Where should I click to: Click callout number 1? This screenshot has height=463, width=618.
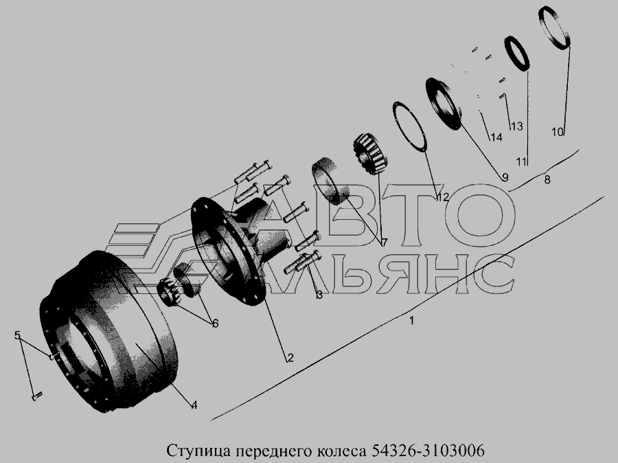[x=411, y=321]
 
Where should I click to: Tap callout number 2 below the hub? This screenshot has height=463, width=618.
[x=290, y=358]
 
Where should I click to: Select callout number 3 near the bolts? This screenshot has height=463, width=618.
[x=319, y=294]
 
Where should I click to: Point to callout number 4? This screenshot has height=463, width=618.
[x=194, y=405]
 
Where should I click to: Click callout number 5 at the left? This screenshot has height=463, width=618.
[x=17, y=335]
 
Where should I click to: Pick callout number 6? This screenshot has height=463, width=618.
[x=215, y=324]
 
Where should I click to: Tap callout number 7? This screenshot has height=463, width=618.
[x=384, y=242]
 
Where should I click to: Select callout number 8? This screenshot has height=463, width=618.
[x=547, y=179]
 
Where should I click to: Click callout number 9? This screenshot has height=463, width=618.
[x=505, y=177]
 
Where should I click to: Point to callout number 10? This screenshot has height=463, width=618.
[x=558, y=132]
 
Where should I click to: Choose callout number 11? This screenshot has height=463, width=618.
[x=522, y=161]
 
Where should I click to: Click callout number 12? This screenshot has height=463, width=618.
[x=442, y=196]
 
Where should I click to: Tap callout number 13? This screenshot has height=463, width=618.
[x=516, y=126]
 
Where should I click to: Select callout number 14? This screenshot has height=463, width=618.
[x=496, y=137]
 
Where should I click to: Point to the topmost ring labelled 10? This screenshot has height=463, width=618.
[x=542, y=16]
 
